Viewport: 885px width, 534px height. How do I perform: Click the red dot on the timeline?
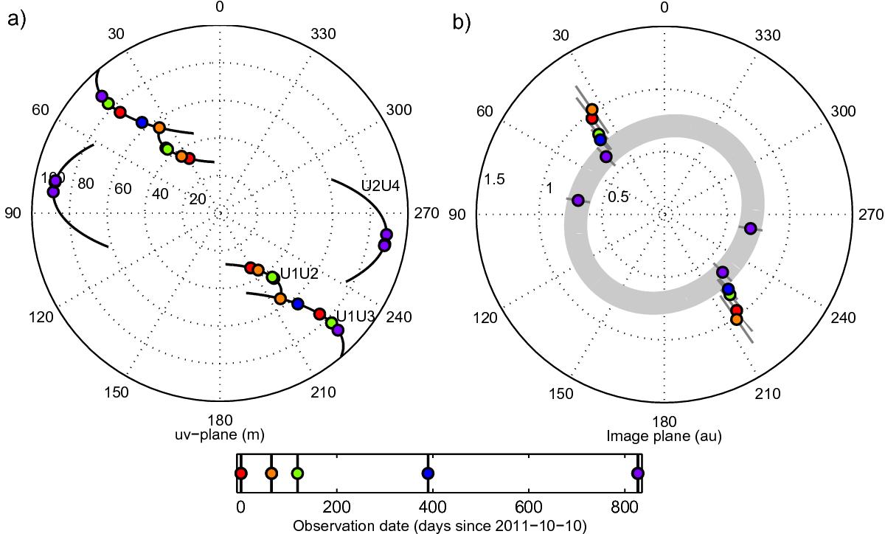240,474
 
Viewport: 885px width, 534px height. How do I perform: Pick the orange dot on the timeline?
271,474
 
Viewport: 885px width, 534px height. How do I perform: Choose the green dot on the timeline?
297,474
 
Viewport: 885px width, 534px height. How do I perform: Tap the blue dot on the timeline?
428,474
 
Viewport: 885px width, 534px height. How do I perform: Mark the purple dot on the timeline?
638,474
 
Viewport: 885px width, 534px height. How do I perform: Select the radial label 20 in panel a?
197,199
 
